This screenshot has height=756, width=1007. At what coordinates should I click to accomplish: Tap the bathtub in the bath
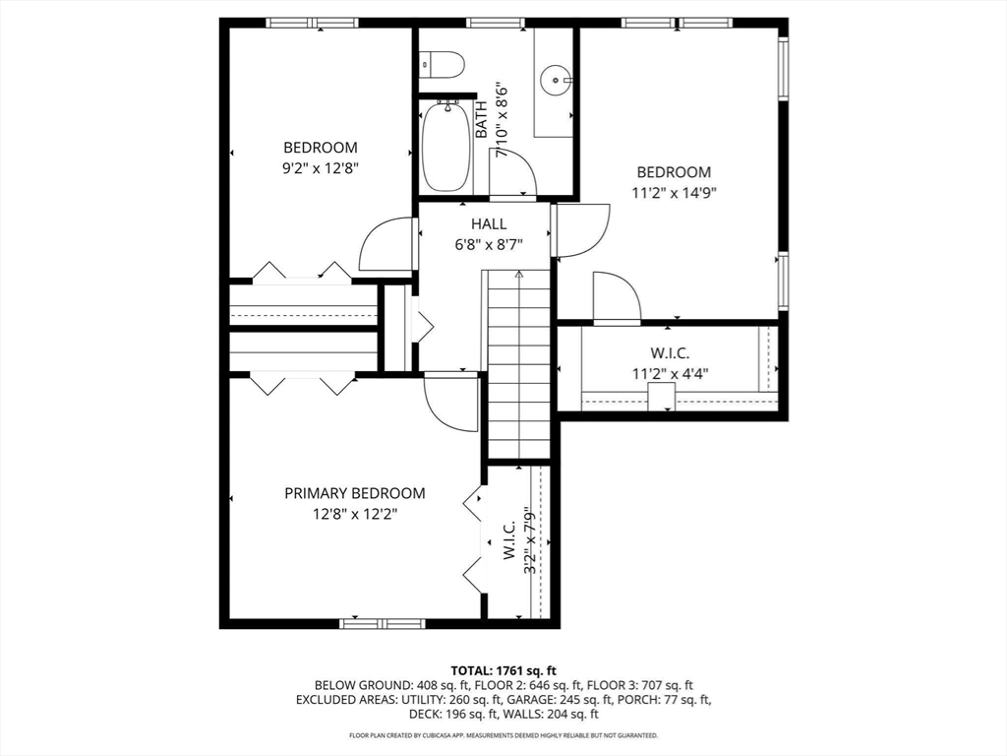coord(446,147)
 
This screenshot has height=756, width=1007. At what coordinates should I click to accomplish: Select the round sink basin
coord(553,81)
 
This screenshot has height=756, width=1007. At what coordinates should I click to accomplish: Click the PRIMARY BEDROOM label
coord(354,493)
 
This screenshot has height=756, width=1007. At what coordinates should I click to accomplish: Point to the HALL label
coord(489,223)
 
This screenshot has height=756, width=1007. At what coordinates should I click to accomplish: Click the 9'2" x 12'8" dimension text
coord(321,168)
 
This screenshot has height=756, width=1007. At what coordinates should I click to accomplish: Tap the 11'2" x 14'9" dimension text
coord(674,192)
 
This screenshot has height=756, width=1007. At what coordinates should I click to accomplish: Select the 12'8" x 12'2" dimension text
coord(354,514)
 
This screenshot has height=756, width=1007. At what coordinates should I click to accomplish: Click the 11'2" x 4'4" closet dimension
coord(670,373)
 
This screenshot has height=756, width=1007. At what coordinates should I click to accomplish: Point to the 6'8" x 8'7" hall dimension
coord(489,245)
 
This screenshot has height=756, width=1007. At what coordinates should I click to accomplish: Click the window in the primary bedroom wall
coord(383,623)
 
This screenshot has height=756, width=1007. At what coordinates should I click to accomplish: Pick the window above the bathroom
coord(496,24)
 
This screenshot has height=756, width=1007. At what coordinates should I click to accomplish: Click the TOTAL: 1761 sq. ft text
coord(503,671)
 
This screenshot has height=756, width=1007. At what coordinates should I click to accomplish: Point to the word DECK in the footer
coord(424,714)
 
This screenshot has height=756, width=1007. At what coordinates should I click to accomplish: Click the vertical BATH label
coord(482,119)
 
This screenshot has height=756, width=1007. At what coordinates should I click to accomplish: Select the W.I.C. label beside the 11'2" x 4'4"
coord(670,353)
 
